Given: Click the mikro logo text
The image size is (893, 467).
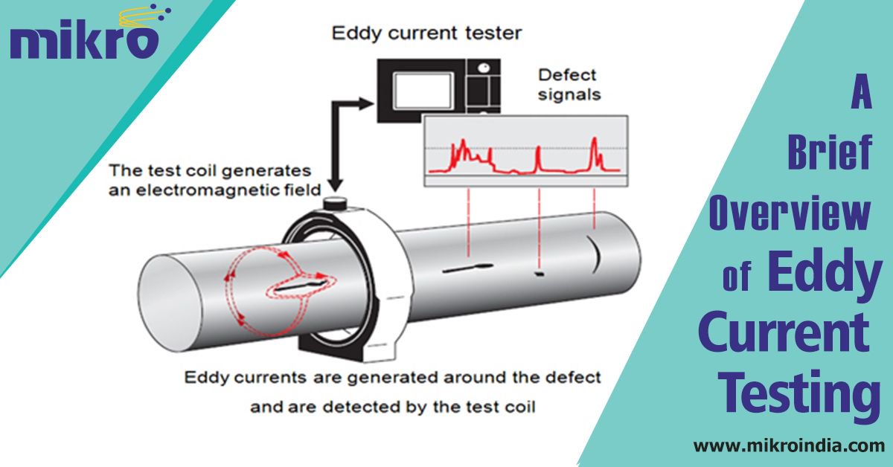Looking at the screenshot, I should click(83, 42).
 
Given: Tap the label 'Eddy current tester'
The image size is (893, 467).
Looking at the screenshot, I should click(426, 33).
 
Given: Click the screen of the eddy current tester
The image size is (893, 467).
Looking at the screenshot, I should click(421, 91).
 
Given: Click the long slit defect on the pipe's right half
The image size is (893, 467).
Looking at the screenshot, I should click(467, 268).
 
